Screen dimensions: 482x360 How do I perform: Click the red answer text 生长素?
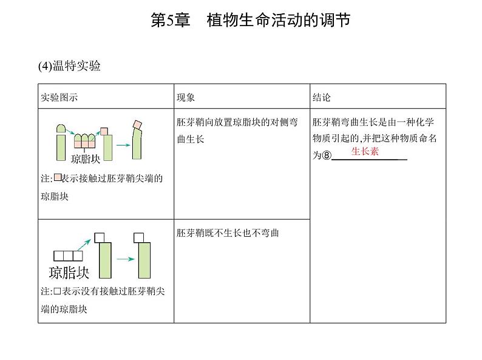click(365, 152)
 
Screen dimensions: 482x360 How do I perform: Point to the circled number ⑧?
click(326, 155)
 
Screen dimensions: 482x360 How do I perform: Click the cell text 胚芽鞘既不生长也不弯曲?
click(227, 233)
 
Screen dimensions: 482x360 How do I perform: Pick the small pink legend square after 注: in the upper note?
click(58, 178)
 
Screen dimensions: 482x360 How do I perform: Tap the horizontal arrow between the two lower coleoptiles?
click(125, 259)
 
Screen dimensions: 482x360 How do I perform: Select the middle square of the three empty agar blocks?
click(68, 256)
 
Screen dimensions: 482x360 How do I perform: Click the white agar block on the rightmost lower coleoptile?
click(140, 236)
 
